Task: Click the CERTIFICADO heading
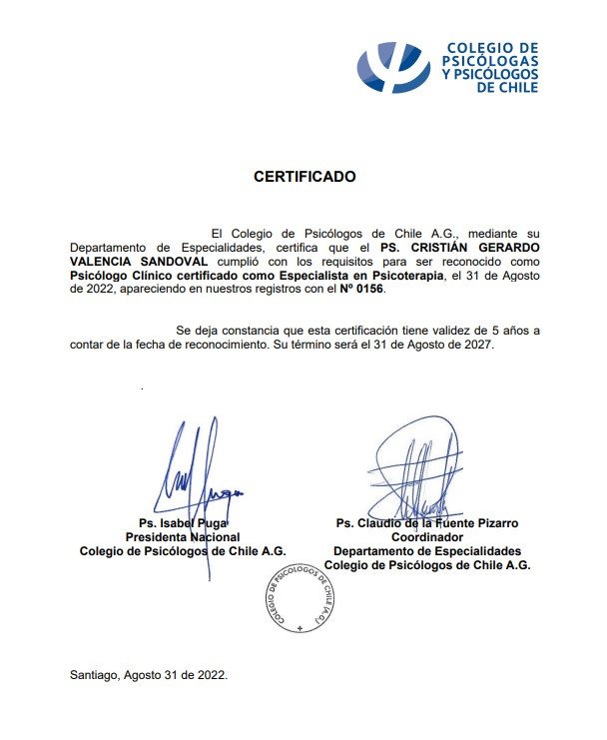(x=303, y=177)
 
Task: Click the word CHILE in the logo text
(x=517, y=87)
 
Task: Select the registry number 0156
(x=363, y=290)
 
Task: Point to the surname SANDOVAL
(x=170, y=262)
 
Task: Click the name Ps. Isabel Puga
(x=184, y=523)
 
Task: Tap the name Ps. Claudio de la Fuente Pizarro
(x=427, y=523)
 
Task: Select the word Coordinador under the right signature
(x=427, y=537)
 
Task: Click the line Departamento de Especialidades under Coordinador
(x=427, y=551)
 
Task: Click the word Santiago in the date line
(x=95, y=674)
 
